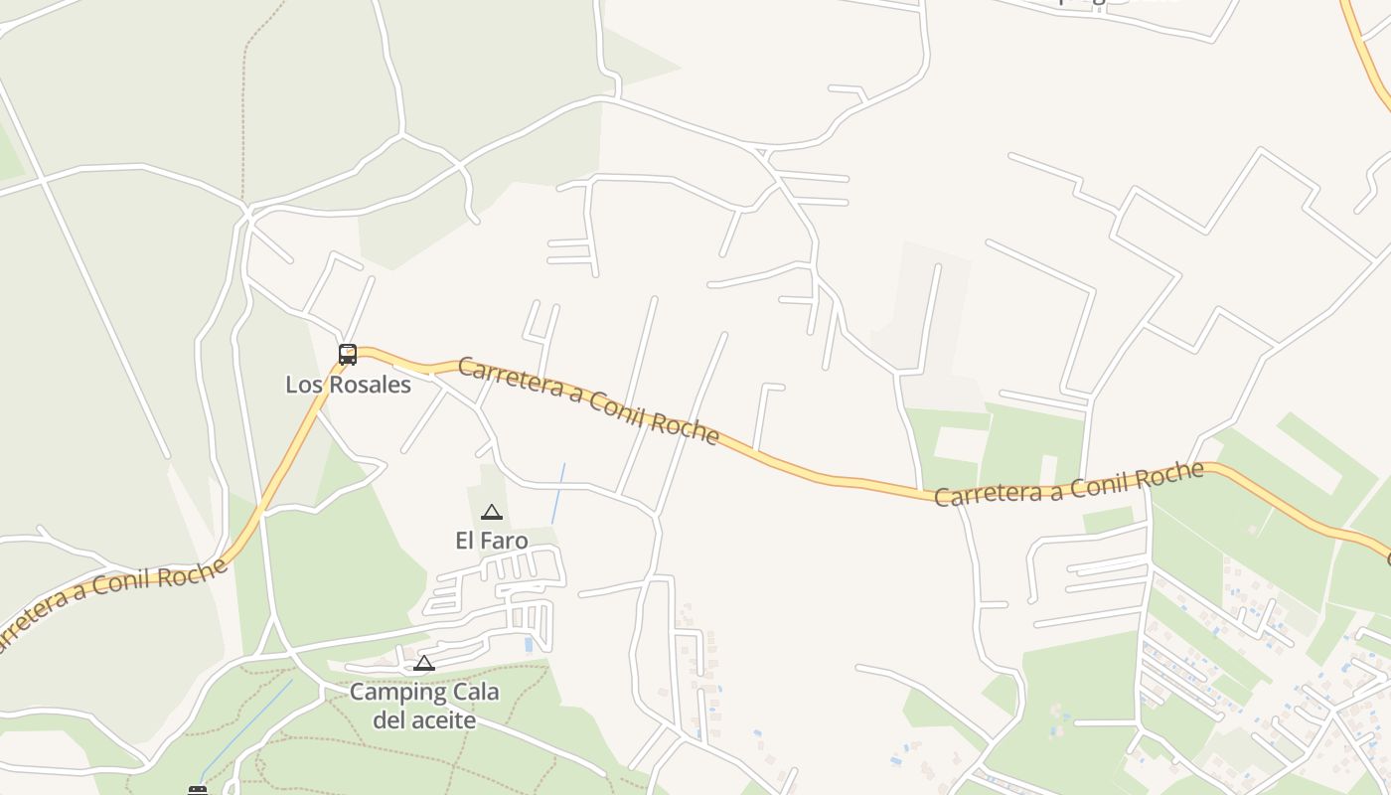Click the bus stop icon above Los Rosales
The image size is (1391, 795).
pos(348,354)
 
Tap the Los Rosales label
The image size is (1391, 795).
pos(348,385)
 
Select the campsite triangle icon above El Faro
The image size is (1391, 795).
pos(491,513)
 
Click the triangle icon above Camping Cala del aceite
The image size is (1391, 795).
pos(424,663)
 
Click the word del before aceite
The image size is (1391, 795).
pos(389,719)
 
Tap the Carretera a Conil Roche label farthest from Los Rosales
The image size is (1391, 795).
pos(1068,484)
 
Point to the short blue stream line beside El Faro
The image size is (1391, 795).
pos(558,493)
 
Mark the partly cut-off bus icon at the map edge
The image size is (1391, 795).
pos(198,790)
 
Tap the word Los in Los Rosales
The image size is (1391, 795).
pos(302,385)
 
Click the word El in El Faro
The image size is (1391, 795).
pos(465,541)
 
